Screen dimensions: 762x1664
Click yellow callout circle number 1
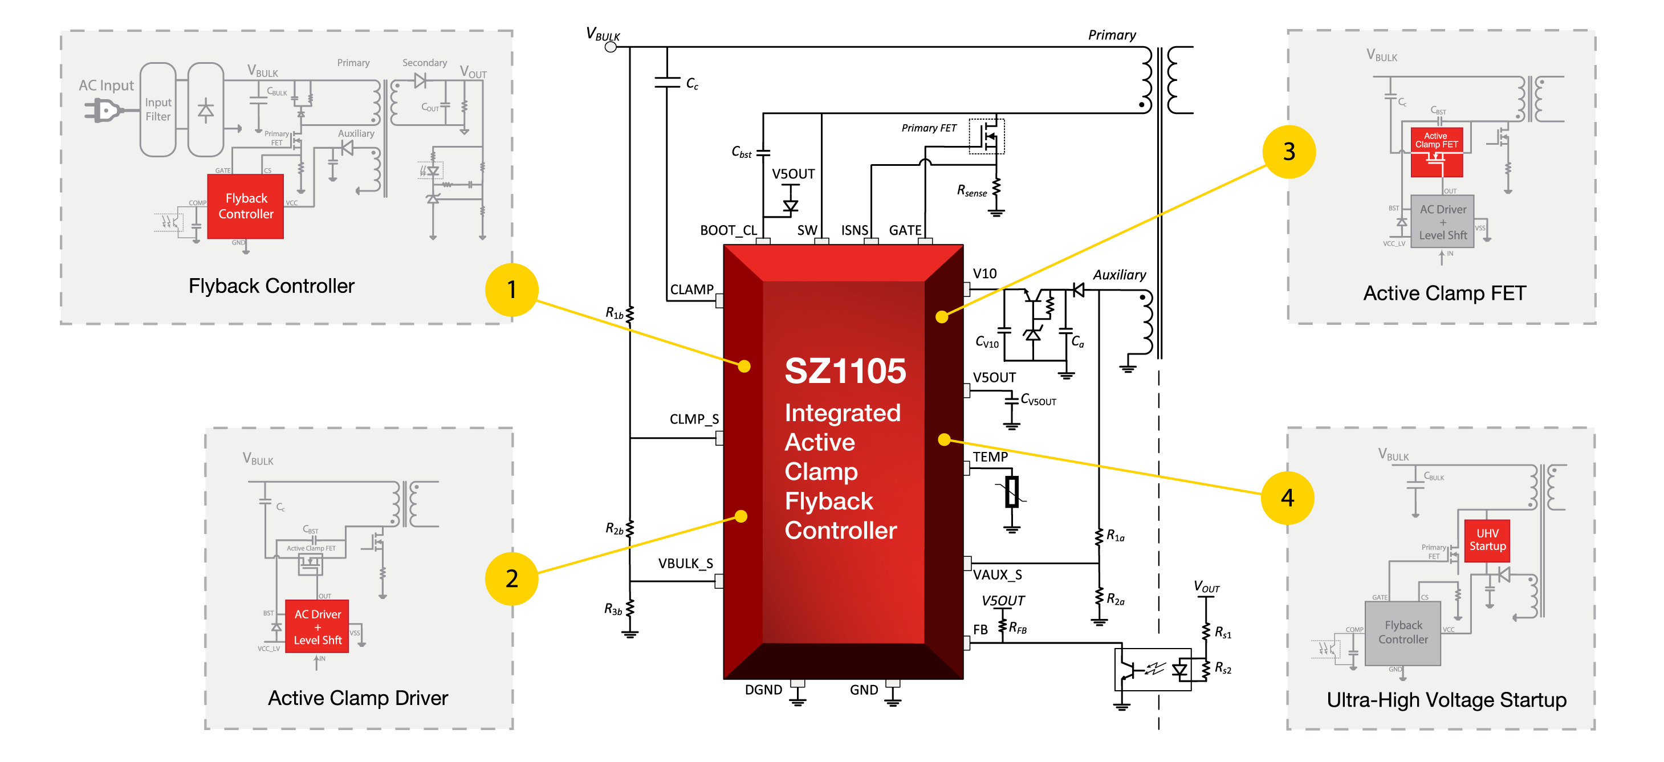pos(511,290)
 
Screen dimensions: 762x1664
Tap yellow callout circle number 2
pos(511,578)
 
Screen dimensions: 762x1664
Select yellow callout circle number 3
pos(1288,152)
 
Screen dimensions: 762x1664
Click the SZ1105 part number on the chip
pos(845,372)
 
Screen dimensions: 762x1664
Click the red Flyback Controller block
pos(246,206)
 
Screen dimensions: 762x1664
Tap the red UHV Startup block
pos(1487,540)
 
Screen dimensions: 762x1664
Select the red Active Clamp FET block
pos(1436,152)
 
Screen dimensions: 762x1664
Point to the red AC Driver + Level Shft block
pos(317,626)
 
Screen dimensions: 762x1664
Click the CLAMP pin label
pos(691,290)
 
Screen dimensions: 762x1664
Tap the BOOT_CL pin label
pos(728,230)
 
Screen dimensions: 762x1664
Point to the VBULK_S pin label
pos(685,563)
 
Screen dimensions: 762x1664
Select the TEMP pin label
pos(990,457)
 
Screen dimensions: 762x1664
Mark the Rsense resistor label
pos(971,190)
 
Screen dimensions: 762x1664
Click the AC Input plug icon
pos(103,111)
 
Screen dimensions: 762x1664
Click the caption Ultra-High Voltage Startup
pos(1446,699)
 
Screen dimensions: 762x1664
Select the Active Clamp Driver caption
pos(358,698)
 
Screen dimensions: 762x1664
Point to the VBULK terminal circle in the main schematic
pos(611,47)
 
